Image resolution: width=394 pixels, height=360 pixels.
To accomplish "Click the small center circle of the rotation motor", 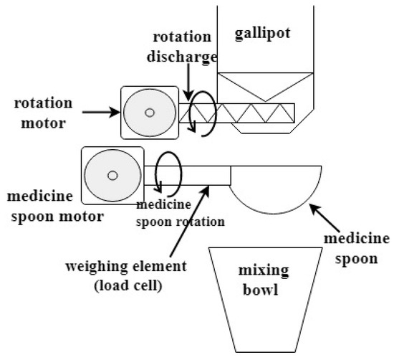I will pyautogui.click(x=149, y=113).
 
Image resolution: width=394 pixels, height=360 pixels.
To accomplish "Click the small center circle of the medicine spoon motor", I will pyautogui.click(x=112, y=174).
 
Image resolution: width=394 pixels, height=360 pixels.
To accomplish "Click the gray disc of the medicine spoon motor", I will pyautogui.click(x=100, y=176).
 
